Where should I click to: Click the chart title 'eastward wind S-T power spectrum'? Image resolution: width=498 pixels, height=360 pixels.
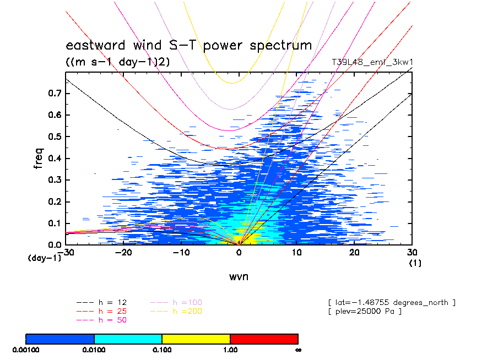coord(189,46)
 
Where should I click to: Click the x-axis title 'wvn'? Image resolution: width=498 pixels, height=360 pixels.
coord(239,276)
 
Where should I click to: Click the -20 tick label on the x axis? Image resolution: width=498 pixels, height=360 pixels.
coord(123,252)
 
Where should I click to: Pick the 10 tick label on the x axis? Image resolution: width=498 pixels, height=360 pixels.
coord(297,252)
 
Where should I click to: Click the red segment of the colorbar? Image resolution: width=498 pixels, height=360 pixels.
coord(264,339)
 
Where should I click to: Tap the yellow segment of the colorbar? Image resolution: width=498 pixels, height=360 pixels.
coord(196,339)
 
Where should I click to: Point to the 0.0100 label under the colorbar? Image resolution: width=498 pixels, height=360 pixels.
coord(94,350)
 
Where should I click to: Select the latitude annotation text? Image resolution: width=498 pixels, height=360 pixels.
coord(391,303)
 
